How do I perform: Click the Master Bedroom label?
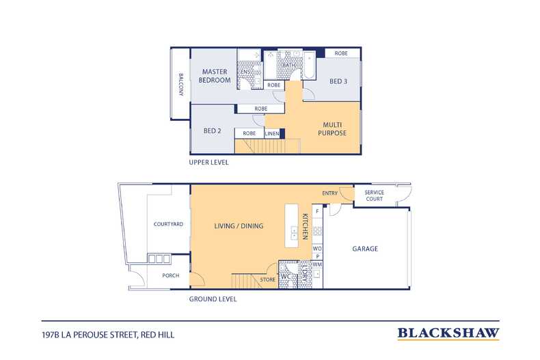coord(215,76)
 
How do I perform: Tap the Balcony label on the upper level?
coord(181,84)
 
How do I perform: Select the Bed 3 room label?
coord(338,81)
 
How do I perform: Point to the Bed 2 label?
coord(212,130)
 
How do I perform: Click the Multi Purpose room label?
coord(332,128)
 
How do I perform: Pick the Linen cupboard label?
coord(272,133)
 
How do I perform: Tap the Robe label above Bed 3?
coord(341,53)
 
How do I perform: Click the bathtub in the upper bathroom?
coord(309,66)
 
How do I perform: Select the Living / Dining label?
coord(239,226)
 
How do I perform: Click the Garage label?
coord(365,249)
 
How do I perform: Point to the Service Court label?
coord(375,195)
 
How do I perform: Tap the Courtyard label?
coord(168,224)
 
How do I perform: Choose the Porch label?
coord(171,275)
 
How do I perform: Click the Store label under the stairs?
coord(267,279)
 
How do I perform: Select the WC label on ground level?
coord(286,277)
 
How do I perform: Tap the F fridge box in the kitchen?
coord(317,211)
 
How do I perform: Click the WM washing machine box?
coord(317,264)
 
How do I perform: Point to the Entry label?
coord(330,193)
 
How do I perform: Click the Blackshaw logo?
coord(448,333)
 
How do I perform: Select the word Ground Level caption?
coord(213,299)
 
